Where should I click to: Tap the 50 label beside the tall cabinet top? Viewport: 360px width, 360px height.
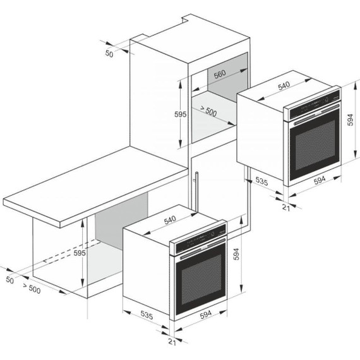pyautogui.click(x=109, y=54)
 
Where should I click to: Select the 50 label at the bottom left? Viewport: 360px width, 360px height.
pyautogui.click(x=9, y=279)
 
